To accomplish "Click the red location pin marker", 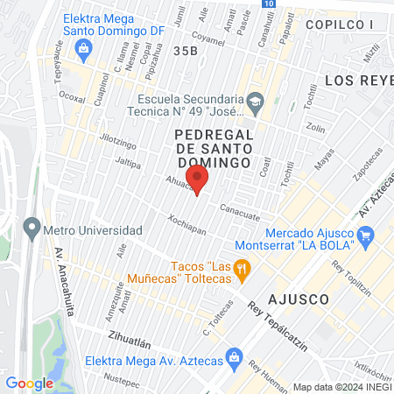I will click(x=199, y=182).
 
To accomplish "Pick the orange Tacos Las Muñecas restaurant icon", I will click(x=243, y=272).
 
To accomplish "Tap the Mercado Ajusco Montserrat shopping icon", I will click(x=366, y=236).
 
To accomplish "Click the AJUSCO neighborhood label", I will click(x=299, y=299).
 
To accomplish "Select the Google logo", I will click(x=29, y=383).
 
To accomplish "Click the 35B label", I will click(x=186, y=52).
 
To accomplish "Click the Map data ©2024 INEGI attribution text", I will click(x=341, y=387).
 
